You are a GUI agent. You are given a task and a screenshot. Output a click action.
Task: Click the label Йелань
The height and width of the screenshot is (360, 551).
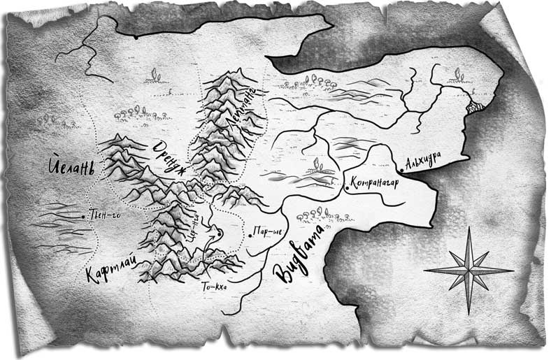pos(72,168)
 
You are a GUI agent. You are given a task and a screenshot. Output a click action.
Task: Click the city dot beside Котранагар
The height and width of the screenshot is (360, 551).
pos(347,187)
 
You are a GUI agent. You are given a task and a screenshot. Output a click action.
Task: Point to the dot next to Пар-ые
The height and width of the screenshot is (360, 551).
pos(250,235)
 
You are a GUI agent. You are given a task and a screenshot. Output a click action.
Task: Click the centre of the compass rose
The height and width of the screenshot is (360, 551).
pos(468,271)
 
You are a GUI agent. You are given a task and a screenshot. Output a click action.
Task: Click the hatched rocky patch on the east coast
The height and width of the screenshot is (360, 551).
pos(477,107)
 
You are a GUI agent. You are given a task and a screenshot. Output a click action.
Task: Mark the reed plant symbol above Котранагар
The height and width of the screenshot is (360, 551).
pos(319,165)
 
